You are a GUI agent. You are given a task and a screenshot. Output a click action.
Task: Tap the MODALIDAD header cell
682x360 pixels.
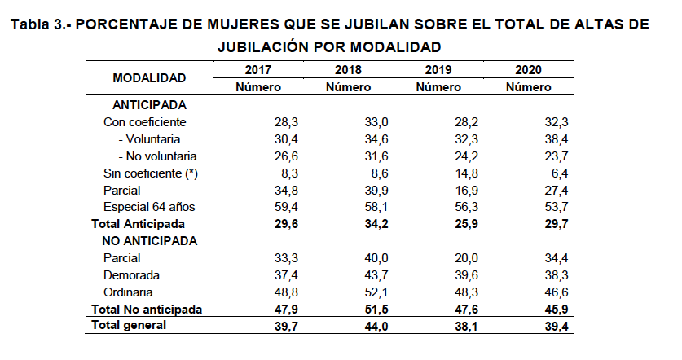[149, 78]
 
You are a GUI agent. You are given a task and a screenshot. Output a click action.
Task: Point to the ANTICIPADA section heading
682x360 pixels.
[149, 105]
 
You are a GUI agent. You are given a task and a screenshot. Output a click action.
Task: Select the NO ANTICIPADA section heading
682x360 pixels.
[149, 240]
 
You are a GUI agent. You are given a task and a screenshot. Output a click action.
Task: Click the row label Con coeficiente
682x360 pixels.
[145, 122]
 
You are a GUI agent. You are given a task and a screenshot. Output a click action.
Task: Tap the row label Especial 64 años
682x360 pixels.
[149, 206]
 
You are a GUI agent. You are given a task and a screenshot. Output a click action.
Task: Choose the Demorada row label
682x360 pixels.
[131, 274]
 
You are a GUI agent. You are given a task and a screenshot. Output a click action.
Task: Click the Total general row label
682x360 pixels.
[129, 325]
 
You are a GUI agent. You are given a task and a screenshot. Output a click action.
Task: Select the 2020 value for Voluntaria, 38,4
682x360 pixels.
[555, 139]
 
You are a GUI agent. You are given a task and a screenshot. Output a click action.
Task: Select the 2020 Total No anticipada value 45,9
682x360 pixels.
[555, 309]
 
